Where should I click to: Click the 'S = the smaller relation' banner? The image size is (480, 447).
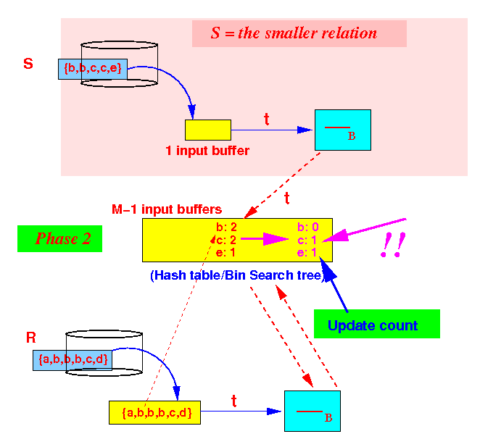tap(299, 33)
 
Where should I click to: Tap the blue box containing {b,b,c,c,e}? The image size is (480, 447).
tap(93, 69)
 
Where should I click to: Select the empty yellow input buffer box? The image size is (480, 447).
tap(208, 130)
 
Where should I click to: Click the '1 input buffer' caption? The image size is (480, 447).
tap(207, 151)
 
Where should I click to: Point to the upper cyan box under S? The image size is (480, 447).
tap(343, 130)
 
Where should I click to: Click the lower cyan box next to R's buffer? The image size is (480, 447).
tap(313, 411)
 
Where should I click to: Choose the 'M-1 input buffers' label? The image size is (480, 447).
tap(167, 209)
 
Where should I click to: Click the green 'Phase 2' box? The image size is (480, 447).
tap(59, 238)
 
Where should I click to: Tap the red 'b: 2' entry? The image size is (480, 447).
tap(226, 227)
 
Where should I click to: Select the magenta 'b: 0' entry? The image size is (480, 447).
tap(308, 227)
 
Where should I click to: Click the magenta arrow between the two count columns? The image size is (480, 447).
tap(265, 239)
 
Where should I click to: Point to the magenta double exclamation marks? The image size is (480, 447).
tap(393, 245)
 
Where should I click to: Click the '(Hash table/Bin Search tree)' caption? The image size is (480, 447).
tap(238, 275)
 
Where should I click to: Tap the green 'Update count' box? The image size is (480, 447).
tap(377, 324)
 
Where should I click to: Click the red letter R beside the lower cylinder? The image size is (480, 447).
tap(31, 338)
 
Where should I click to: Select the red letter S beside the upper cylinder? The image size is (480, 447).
tap(28, 64)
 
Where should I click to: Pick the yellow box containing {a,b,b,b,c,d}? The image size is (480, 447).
tap(154, 412)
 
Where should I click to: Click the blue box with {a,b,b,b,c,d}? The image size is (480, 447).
tap(73, 360)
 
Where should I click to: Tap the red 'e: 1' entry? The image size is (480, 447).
tap(225, 253)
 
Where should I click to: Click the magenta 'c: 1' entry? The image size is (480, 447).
tap(307, 241)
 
